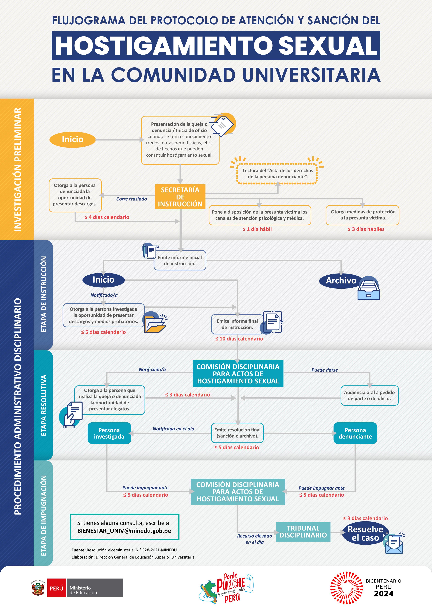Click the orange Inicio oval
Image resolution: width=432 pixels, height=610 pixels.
tap(73, 139)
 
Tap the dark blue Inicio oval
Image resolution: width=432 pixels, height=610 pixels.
tap(103, 280)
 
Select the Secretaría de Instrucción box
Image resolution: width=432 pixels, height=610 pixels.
tap(180, 197)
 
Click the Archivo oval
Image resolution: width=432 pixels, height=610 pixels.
tap(341, 280)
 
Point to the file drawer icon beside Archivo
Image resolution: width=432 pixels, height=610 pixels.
tap(369, 288)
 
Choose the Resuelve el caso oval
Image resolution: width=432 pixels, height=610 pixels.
tap(365, 533)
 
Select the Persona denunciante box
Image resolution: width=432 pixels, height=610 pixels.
tap(355, 433)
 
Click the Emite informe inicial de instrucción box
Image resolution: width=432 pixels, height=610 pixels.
tap(180, 260)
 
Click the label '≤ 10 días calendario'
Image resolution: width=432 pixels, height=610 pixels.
tap(239, 339)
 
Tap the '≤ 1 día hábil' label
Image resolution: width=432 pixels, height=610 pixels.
tap(257, 229)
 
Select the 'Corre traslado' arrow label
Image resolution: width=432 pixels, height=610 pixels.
tap(131, 199)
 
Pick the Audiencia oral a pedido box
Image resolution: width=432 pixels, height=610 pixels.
tap(369, 395)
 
